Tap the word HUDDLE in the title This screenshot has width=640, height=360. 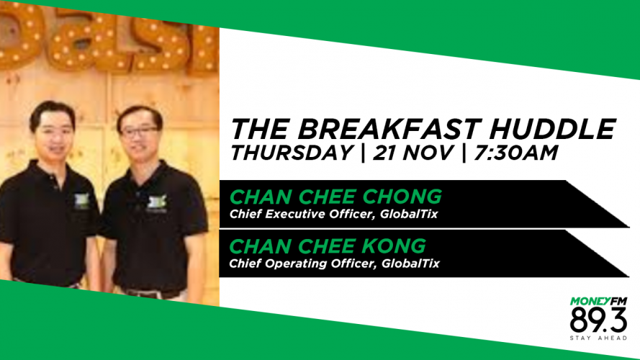[552, 129]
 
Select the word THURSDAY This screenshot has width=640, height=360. [292, 153]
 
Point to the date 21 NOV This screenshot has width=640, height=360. [413, 153]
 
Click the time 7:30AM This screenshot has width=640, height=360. [515, 153]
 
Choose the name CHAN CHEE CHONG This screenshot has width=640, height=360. [335, 197]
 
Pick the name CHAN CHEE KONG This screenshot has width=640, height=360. [328, 246]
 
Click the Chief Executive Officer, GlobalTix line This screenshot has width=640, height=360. [333, 215]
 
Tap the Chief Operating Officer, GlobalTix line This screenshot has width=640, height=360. [334, 264]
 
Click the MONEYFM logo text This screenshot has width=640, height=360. [598, 301]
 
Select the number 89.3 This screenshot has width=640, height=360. [598, 320]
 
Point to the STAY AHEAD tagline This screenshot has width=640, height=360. [598, 338]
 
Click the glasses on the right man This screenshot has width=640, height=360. [139, 132]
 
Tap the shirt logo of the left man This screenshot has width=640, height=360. [82, 201]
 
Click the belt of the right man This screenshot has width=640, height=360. [152, 294]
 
